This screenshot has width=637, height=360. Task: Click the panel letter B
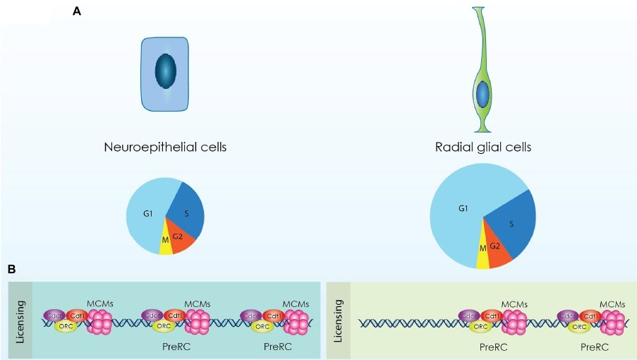pos(11,269)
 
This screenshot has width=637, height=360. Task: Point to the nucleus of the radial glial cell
pos(483,94)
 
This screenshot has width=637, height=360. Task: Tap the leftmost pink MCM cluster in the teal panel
pos(99,323)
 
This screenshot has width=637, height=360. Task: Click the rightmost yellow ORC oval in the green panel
pos(579,327)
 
